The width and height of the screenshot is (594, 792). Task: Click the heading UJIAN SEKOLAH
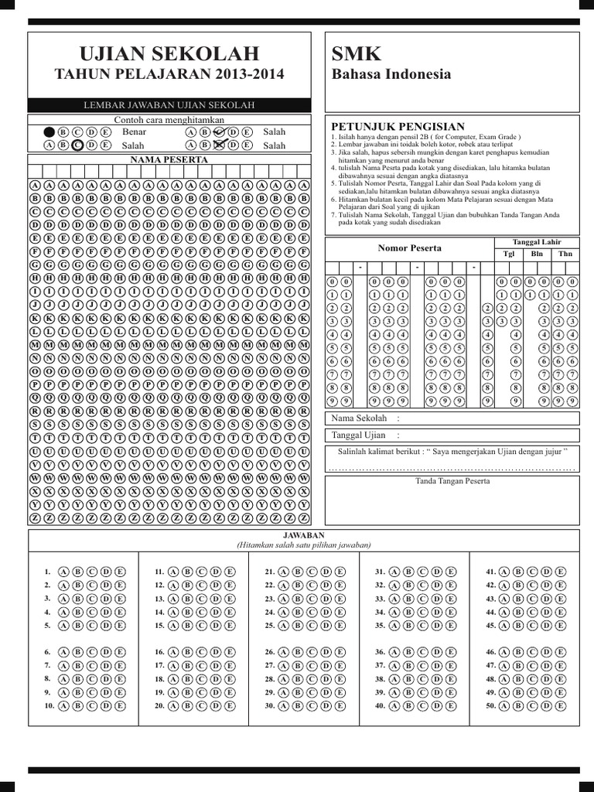click(x=169, y=53)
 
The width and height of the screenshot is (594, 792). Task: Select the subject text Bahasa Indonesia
click(x=391, y=74)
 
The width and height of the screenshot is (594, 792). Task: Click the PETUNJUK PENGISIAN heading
click(x=398, y=126)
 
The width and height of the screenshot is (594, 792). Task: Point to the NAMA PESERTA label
click(x=169, y=159)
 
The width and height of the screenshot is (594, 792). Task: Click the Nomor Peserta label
click(x=409, y=247)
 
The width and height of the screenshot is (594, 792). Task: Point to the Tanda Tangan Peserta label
click(x=452, y=481)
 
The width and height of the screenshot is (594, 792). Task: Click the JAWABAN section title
click(x=303, y=535)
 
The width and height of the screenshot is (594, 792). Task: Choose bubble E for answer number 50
click(x=560, y=706)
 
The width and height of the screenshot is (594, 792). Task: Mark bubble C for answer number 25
click(x=312, y=626)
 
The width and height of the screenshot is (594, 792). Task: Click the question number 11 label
click(x=159, y=572)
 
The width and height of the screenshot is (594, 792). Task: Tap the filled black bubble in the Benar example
click(x=49, y=132)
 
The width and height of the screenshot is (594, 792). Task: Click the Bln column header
click(x=537, y=254)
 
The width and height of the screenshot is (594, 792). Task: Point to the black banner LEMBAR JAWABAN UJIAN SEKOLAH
click(x=169, y=105)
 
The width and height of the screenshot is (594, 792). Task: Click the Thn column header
click(x=565, y=254)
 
